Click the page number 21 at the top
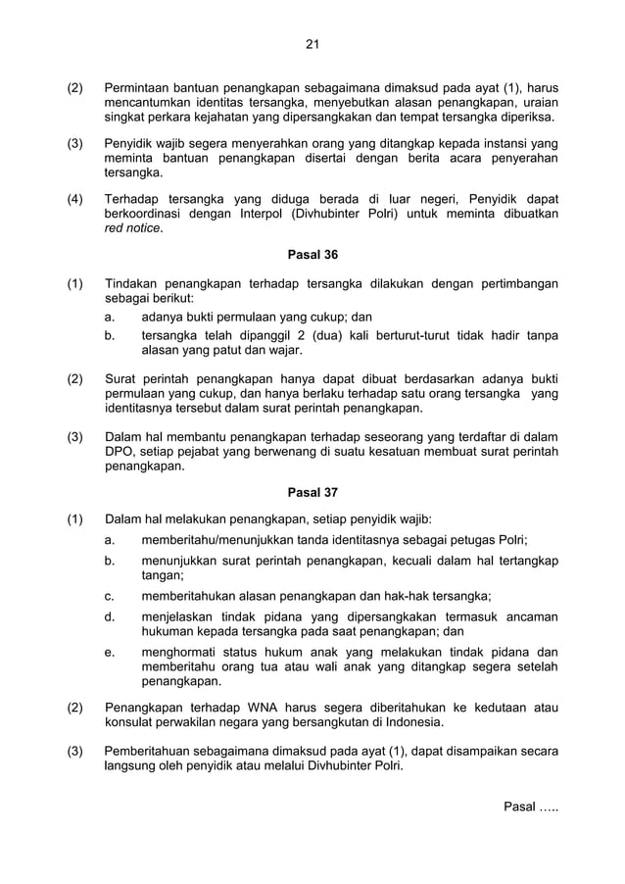[x=312, y=43]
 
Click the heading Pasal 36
[x=312, y=255]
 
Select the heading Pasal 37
[x=312, y=492]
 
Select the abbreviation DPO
[x=119, y=451]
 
